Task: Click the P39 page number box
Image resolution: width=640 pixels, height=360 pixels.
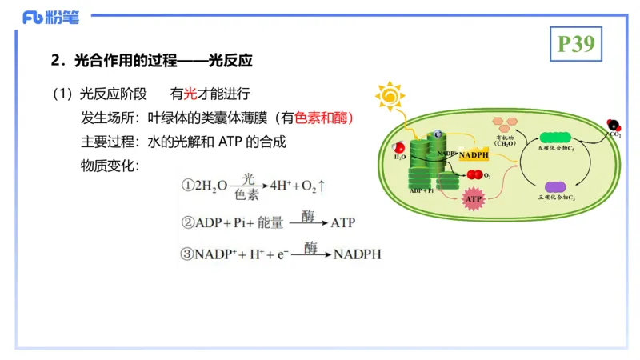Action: [575, 44]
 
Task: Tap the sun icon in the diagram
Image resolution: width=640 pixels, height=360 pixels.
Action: [390, 96]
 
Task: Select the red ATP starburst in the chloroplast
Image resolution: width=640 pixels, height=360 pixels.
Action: [474, 198]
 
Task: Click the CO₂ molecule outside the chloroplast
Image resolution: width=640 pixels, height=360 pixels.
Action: [614, 126]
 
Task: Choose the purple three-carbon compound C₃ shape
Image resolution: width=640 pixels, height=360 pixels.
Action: [554, 187]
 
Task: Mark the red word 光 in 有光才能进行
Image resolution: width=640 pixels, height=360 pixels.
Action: [190, 94]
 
